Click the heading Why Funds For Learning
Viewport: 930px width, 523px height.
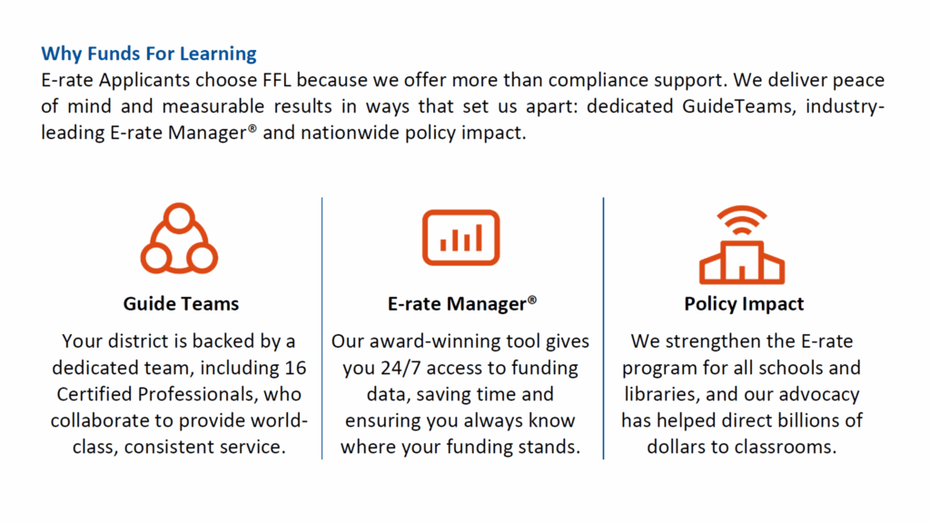click(149, 54)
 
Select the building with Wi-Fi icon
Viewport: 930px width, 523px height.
click(742, 261)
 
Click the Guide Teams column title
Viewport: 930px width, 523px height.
click(181, 303)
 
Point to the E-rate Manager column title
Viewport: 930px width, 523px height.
click(462, 303)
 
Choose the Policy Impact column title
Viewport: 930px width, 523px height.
click(744, 303)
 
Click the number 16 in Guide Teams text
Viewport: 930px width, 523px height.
click(295, 368)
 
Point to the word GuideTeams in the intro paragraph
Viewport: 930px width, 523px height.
click(738, 106)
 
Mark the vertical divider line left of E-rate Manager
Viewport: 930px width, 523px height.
click(322, 328)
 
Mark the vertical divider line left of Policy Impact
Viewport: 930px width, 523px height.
click(603, 328)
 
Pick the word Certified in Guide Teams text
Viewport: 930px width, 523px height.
click(94, 394)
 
